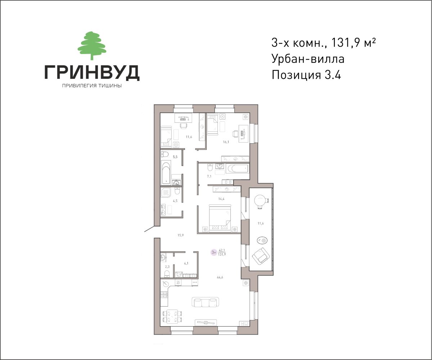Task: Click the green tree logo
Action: [92, 45]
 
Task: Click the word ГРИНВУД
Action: [92, 72]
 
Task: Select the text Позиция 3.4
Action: [306, 75]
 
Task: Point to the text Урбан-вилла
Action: [308, 59]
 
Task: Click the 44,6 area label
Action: [220, 278]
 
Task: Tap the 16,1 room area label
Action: [226, 142]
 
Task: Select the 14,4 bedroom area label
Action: [221, 199]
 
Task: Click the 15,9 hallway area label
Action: [181, 235]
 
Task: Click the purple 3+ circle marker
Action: [214, 252]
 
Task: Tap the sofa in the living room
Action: [205, 302]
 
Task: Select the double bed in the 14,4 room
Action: [220, 218]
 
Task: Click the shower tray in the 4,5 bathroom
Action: [166, 193]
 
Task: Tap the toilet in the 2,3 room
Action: [167, 274]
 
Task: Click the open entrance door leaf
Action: [149, 229]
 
